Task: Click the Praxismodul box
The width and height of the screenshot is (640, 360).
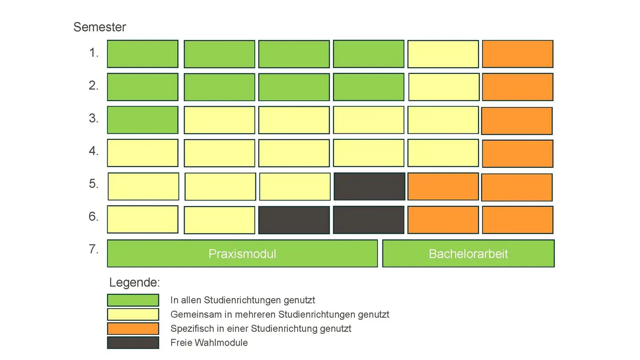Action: pyautogui.click(x=242, y=253)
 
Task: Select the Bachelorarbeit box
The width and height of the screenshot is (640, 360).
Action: pyautogui.click(x=468, y=253)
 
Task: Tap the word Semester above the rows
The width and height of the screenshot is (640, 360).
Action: pyautogui.click(x=100, y=27)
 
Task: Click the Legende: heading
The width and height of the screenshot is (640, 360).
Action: pyautogui.click(x=134, y=282)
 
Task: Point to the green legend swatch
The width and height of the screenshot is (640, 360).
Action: pyautogui.click(x=133, y=300)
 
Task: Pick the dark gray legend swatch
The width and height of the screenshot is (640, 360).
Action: pyautogui.click(x=133, y=342)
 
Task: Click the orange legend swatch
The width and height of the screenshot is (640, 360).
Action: pyautogui.click(x=133, y=328)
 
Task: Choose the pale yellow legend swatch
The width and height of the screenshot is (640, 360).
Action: pyautogui.click(x=133, y=314)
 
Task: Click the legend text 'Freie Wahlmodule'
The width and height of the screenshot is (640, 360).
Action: pyautogui.click(x=209, y=343)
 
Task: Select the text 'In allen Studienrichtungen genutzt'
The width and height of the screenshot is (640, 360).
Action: pyautogui.click(x=243, y=300)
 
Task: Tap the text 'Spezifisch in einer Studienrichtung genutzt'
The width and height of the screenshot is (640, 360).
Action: pyautogui.click(x=261, y=329)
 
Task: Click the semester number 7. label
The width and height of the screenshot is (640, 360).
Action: pyautogui.click(x=94, y=249)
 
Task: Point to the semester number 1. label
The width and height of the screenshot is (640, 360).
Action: pyautogui.click(x=94, y=53)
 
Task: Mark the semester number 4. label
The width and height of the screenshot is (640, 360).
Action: pyautogui.click(x=94, y=151)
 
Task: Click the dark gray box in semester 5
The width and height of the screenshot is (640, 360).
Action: pyautogui.click(x=369, y=187)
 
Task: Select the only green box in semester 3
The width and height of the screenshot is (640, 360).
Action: pyautogui.click(x=142, y=120)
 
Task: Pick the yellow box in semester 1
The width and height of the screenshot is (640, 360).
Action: pyautogui.click(x=443, y=54)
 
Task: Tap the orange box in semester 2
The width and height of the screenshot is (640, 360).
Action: pyautogui.click(x=517, y=87)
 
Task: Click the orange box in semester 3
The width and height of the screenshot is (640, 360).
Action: pyautogui.click(x=517, y=121)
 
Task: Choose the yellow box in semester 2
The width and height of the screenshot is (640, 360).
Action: pyautogui.click(x=443, y=87)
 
